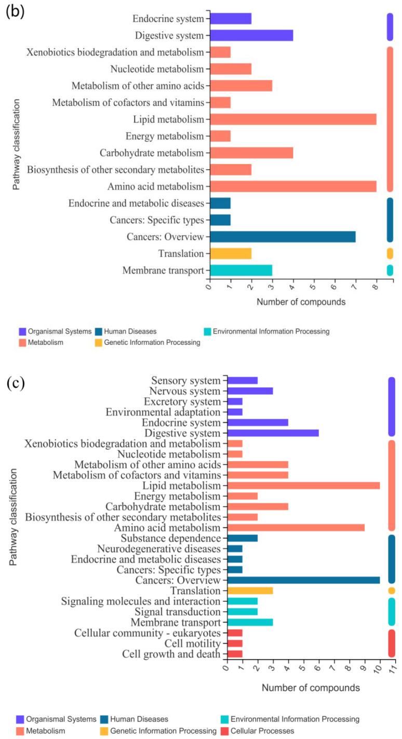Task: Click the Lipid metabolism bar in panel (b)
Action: (293, 119)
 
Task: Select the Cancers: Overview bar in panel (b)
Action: (283, 237)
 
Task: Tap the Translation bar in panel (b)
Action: (231, 253)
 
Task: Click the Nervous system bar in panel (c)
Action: (250, 391)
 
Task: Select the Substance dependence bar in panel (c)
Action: (243, 538)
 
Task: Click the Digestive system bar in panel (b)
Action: (251, 35)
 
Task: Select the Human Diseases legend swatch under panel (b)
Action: (99, 331)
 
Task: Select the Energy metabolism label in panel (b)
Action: (165, 136)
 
